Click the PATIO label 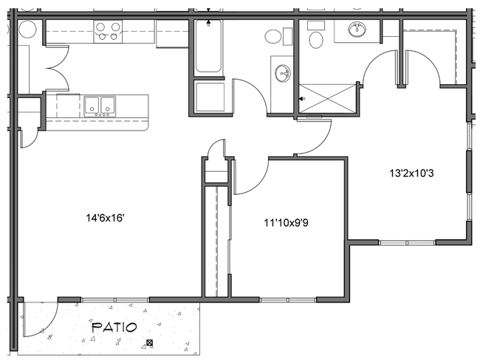(113, 327)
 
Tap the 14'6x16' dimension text (104, 218)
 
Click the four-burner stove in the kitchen (108, 31)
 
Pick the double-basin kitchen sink (98, 105)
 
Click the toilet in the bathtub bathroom (272, 36)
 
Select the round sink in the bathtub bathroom (281, 72)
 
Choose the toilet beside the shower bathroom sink (316, 38)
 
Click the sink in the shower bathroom (357, 30)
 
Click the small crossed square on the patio (151, 343)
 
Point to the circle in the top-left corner (27, 30)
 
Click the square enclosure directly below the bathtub (210, 97)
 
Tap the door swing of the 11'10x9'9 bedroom (251, 177)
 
